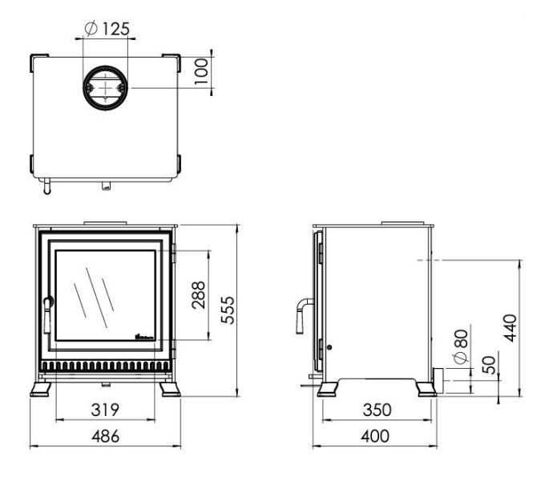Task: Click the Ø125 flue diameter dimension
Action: click(107, 30)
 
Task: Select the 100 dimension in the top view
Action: click(202, 71)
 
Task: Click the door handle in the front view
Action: click(46, 314)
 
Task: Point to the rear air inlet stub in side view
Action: click(438, 378)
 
